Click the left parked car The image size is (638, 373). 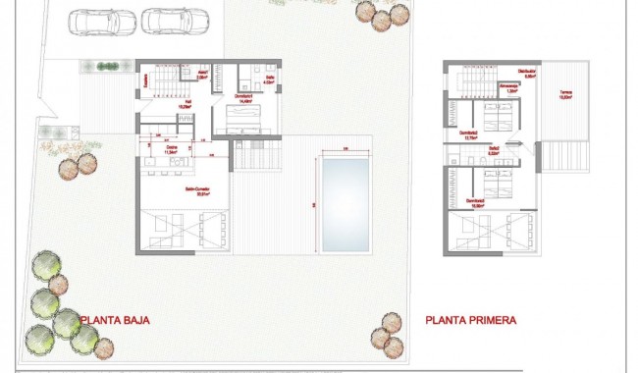tap(96, 20)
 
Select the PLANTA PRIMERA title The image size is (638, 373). tap(471, 319)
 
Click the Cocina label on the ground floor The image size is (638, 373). tap(169, 150)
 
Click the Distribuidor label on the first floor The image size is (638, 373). tap(502, 72)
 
